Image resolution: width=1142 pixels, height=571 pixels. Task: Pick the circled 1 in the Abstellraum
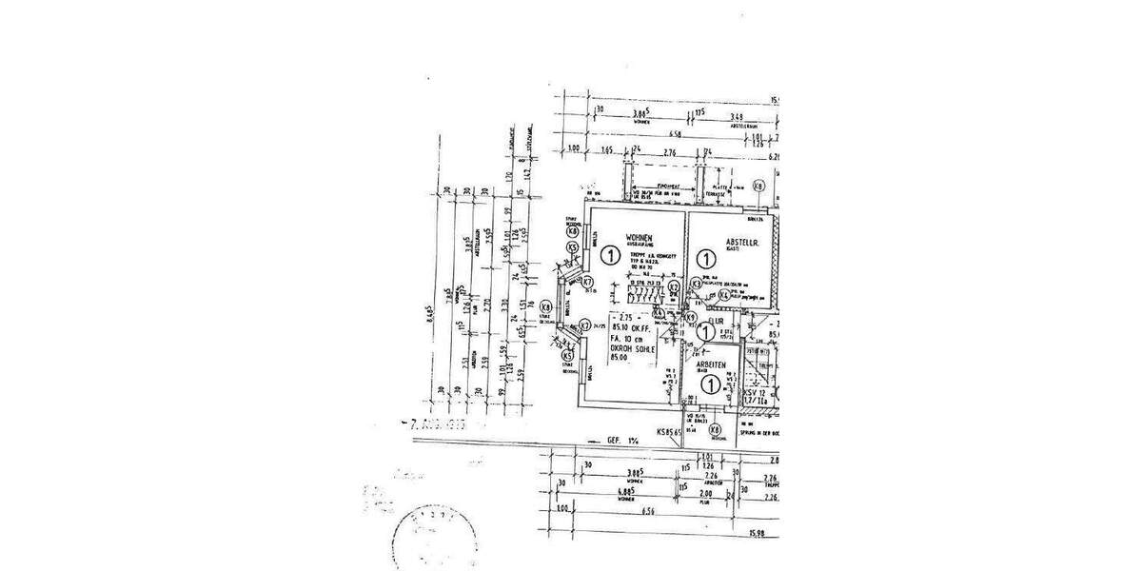click(x=705, y=258)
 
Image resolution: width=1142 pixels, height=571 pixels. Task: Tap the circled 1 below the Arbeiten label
click(x=709, y=384)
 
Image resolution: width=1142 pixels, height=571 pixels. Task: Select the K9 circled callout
click(x=692, y=318)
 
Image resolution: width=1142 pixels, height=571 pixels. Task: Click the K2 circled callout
click(x=673, y=285)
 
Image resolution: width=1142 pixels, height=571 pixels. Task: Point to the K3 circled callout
click(x=697, y=283)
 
